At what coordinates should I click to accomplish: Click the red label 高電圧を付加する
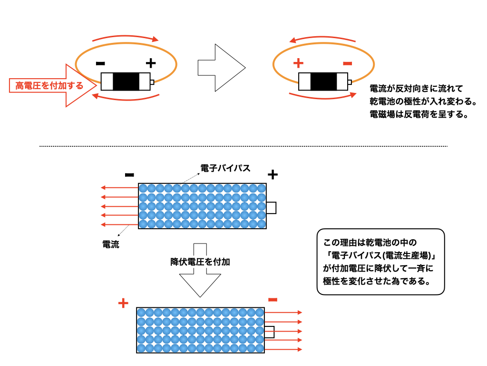click(49, 86)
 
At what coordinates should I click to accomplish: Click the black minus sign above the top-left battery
click(100, 63)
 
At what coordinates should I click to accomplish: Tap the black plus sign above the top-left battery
click(150, 63)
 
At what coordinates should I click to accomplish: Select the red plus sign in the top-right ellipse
click(298, 63)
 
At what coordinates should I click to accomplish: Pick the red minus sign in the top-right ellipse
click(348, 63)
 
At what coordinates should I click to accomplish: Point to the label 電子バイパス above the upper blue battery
click(225, 168)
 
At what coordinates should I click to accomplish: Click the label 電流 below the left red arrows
click(111, 244)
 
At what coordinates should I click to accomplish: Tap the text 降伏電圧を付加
click(200, 262)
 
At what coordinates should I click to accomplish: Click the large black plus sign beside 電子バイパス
click(273, 175)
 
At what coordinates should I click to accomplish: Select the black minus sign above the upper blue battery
click(129, 175)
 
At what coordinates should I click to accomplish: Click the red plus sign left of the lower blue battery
click(123, 303)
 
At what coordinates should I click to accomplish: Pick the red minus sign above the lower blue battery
click(273, 299)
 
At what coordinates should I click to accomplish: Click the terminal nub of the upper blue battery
click(271, 208)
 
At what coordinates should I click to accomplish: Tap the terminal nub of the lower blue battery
click(269, 332)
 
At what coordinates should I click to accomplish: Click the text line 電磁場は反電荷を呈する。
click(419, 114)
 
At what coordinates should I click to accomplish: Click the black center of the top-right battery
click(323, 81)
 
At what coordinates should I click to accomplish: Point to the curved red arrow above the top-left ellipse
click(125, 37)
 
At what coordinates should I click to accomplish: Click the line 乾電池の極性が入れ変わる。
click(423, 102)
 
